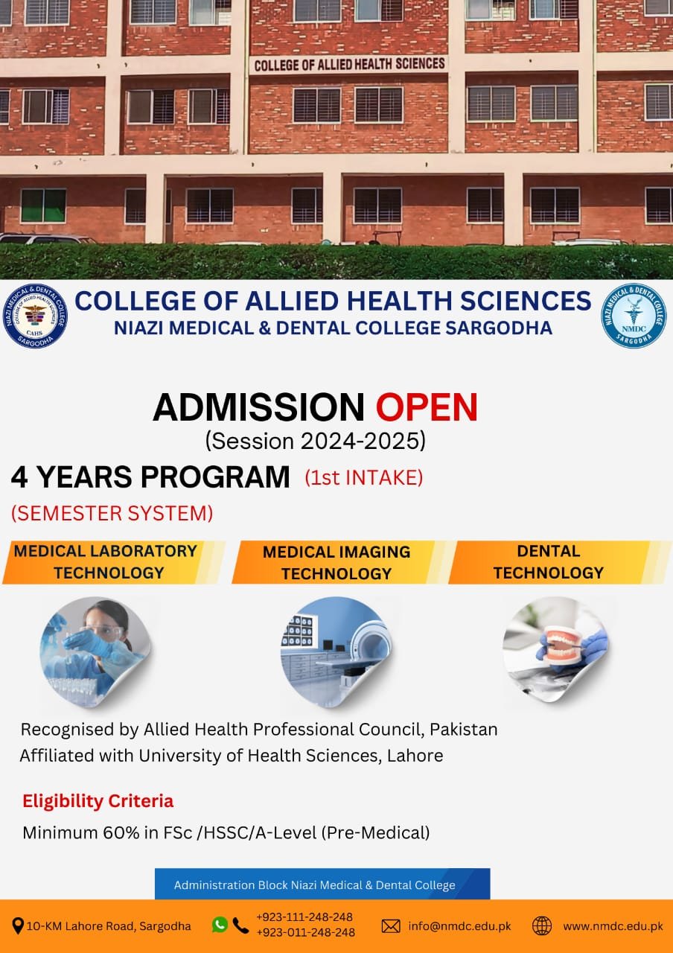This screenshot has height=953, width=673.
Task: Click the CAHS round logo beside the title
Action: coord(35,316)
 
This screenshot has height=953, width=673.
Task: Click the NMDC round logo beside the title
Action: coord(634,316)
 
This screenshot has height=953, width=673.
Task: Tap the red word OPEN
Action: coord(427,407)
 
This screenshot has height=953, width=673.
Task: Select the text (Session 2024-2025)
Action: coord(315,441)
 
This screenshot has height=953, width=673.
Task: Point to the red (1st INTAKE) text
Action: coord(364,477)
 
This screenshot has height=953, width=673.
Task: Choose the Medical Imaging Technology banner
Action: coord(338,562)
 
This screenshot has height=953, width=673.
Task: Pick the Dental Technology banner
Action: coord(559,562)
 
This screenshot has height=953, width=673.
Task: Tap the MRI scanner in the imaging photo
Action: coord(369,643)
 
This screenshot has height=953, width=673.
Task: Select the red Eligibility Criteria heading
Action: coord(98,801)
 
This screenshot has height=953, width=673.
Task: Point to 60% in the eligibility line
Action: coord(121,832)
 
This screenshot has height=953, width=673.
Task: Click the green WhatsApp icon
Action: coord(220,925)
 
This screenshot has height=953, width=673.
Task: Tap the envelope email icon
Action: coord(391,925)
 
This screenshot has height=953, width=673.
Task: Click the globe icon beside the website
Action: coord(542,925)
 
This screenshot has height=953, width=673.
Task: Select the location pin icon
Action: coord(17,925)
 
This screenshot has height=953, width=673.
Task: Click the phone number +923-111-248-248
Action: coord(304,917)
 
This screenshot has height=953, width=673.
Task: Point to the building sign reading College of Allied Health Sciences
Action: coord(349,64)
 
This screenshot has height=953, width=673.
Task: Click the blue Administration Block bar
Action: coord(322,883)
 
